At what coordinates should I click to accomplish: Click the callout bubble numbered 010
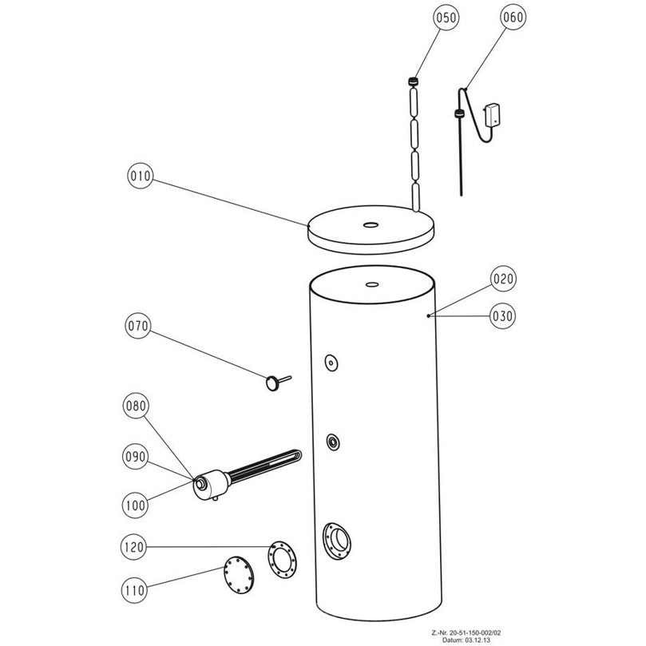pyautogui.click(x=140, y=176)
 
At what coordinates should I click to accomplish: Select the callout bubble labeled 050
pyautogui.click(x=446, y=18)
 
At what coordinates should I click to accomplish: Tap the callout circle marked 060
pyautogui.click(x=513, y=17)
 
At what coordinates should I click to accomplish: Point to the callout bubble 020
pyautogui.click(x=503, y=279)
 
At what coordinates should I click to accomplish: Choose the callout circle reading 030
pyautogui.click(x=502, y=316)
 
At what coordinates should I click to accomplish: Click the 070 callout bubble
pyautogui.click(x=137, y=326)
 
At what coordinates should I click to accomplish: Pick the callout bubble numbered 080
pyautogui.click(x=136, y=406)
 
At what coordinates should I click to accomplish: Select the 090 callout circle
pyautogui.click(x=136, y=457)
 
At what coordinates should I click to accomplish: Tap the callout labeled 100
pyautogui.click(x=135, y=505)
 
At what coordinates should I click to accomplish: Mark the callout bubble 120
pyautogui.click(x=133, y=547)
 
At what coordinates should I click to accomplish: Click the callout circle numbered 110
pyautogui.click(x=134, y=590)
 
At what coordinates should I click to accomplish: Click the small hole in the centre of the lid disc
pyautogui.click(x=371, y=224)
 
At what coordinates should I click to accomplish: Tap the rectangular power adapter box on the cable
pyautogui.click(x=493, y=114)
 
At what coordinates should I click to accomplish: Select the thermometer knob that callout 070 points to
pyautogui.click(x=272, y=383)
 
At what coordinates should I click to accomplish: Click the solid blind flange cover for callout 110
pyautogui.click(x=239, y=575)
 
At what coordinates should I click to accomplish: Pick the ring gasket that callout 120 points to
pyautogui.click(x=282, y=560)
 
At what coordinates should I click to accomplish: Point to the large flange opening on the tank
pyautogui.click(x=338, y=541)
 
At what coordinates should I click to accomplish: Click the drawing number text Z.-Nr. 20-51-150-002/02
pyautogui.click(x=466, y=632)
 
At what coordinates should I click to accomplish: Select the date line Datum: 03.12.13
pyautogui.click(x=466, y=640)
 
